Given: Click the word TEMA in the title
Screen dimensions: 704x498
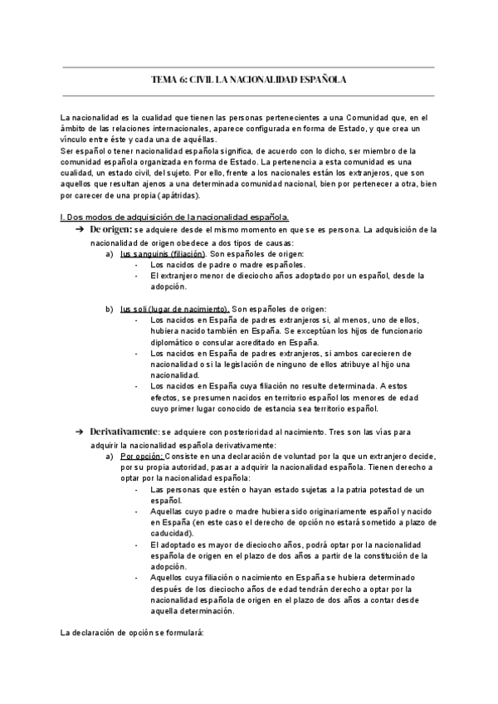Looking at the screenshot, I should point(164,80).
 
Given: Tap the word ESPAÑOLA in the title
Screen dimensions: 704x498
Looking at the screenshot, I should point(319,80).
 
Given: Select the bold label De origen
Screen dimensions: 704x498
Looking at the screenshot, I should point(111,228).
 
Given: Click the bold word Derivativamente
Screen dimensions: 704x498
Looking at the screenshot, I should point(124,433).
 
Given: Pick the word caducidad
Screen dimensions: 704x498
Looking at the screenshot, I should point(171,533).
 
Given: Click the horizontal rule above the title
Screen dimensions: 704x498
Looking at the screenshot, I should point(249,66).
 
